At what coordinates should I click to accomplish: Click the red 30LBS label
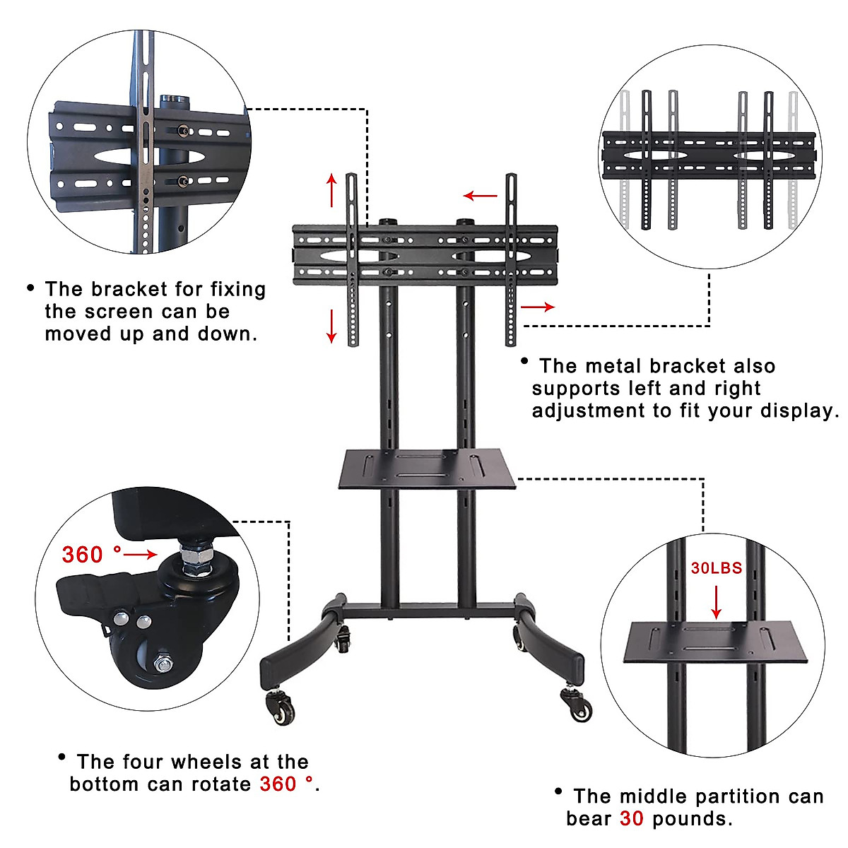pos(716,568)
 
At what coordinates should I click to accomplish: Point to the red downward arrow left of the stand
pos(331,325)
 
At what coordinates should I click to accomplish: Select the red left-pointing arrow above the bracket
pos(481,196)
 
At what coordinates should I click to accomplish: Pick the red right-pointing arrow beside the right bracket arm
pos(538,307)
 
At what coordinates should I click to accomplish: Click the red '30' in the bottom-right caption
pos(632,819)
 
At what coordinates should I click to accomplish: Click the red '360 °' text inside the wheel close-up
pos(92,555)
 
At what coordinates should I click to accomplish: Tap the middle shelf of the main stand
pos(428,469)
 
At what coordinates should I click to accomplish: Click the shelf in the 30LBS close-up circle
pos(717,641)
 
